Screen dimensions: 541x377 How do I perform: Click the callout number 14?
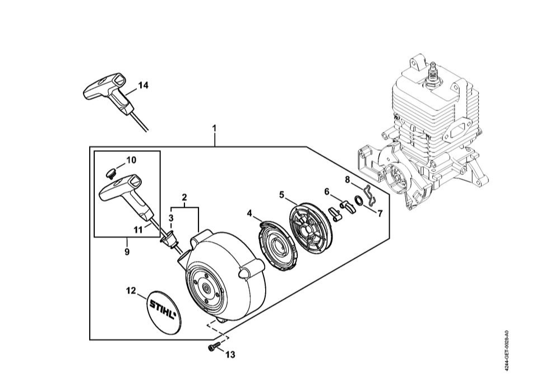[143, 86]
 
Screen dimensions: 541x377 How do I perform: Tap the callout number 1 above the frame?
[214, 128]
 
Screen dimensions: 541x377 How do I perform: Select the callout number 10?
[131, 160]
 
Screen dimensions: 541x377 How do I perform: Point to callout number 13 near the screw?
[230, 354]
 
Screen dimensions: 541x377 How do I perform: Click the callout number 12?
[131, 291]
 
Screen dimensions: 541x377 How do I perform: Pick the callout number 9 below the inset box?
[127, 252]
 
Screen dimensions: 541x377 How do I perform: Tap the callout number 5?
[281, 195]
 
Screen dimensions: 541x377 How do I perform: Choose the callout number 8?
[348, 179]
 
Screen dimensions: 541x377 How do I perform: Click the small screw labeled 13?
[214, 348]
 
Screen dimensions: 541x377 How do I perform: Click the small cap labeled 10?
[111, 173]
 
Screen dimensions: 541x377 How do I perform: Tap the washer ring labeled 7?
[359, 200]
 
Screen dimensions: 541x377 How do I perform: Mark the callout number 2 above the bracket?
[184, 197]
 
